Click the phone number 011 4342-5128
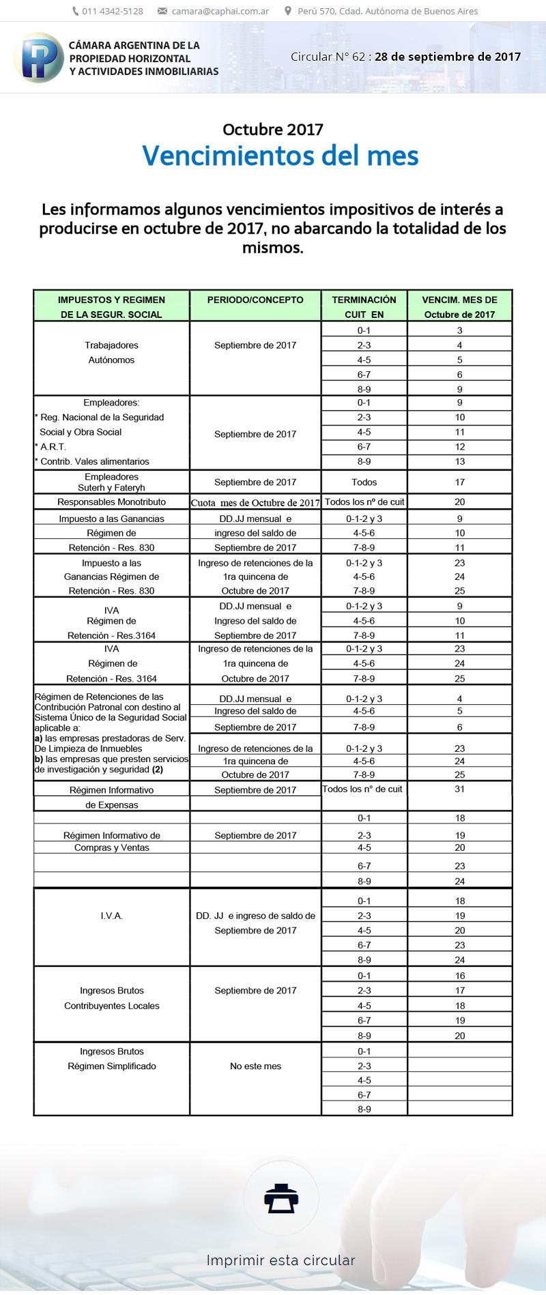click(x=112, y=11)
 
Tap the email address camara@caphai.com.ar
click(x=220, y=11)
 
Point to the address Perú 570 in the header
click(x=387, y=11)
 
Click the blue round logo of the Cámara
click(x=38, y=57)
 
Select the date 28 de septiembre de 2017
click(x=448, y=57)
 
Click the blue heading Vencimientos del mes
click(x=280, y=156)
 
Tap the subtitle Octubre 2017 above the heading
click(x=273, y=129)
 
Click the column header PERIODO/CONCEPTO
click(x=255, y=300)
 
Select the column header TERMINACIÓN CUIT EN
click(x=364, y=306)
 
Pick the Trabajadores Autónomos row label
click(x=111, y=352)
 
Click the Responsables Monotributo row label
click(x=111, y=501)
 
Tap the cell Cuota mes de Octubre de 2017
click(x=255, y=503)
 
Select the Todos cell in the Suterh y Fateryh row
click(x=364, y=482)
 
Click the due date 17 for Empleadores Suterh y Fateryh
click(x=459, y=482)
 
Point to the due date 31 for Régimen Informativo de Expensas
click(x=459, y=789)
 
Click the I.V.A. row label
click(x=111, y=916)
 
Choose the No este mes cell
click(x=255, y=1066)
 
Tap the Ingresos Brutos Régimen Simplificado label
click(x=111, y=1059)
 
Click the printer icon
click(x=281, y=1199)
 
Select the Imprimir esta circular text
click(x=281, y=1260)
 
